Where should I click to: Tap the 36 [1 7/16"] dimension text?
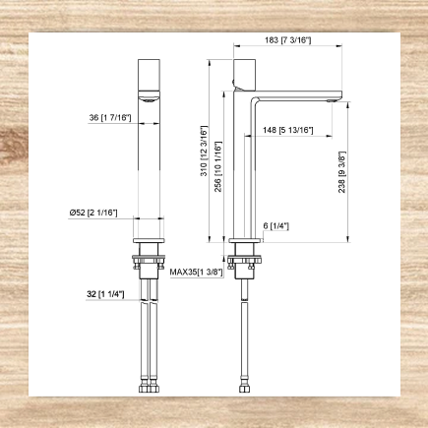[x=109, y=118]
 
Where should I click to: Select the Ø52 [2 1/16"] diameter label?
[x=94, y=214]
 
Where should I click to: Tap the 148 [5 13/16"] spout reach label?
[x=288, y=131]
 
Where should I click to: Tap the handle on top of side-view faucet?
[x=243, y=71]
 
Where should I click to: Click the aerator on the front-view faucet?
[x=149, y=97]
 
